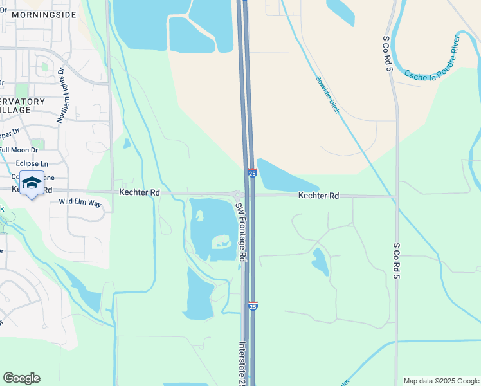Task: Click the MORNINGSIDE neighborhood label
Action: click(x=43, y=14)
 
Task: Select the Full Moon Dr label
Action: click(x=19, y=150)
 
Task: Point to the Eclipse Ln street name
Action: click(x=32, y=164)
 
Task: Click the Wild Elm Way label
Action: click(x=80, y=203)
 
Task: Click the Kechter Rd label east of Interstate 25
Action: click(x=318, y=195)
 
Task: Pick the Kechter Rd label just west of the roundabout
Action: click(x=139, y=192)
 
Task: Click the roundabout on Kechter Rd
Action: click(x=237, y=194)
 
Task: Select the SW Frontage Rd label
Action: click(x=240, y=232)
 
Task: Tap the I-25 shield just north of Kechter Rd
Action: click(x=252, y=173)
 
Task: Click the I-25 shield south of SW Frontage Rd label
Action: click(x=253, y=306)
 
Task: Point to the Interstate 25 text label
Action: click(x=242, y=363)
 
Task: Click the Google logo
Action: click(x=21, y=378)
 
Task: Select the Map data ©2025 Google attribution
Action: click(x=440, y=381)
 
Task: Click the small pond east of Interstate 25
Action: click(x=319, y=261)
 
